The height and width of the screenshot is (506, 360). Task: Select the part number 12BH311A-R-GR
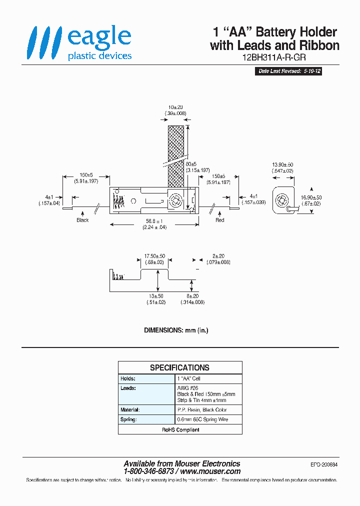pyautogui.click(x=274, y=57)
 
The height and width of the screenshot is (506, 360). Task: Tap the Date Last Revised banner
pyautogui.click(x=289, y=71)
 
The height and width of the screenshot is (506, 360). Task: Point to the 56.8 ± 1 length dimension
pyautogui.click(x=154, y=224)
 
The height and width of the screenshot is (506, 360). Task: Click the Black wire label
pyautogui.click(x=82, y=220)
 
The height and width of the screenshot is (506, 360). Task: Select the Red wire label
pyautogui.click(x=220, y=220)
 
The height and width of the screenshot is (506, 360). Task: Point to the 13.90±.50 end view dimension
pyautogui.click(x=283, y=167)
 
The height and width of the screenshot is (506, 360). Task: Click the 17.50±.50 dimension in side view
pyautogui.click(x=155, y=259)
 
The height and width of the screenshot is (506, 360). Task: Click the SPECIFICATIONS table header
pyautogui.click(x=180, y=367)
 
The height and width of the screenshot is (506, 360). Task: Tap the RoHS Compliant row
pyautogui.click(x=180, y=429)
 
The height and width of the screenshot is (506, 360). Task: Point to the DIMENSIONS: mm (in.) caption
pyautogui.click(x=176, y=330)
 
